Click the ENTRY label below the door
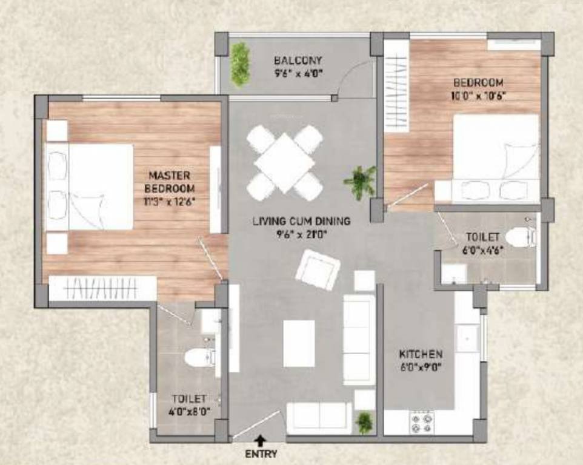point(261,454)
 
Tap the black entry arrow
point(261,441)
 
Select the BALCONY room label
point(298,60)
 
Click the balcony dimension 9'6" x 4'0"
point(298,73)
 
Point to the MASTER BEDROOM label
point(170,182)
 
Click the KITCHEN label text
point(421,354)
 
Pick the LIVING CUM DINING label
point(302,222)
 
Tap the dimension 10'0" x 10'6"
point(478,96)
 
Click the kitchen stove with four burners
point(422,422)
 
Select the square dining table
point(285,163)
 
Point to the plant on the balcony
point(240,65)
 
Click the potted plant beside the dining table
point(360,182)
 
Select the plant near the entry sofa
point(364,423)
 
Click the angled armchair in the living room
point(318,270)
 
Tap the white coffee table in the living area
point(299,343)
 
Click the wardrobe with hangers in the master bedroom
point(102,289)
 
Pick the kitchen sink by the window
point(467,338)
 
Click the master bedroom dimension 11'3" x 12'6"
point(170,202)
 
